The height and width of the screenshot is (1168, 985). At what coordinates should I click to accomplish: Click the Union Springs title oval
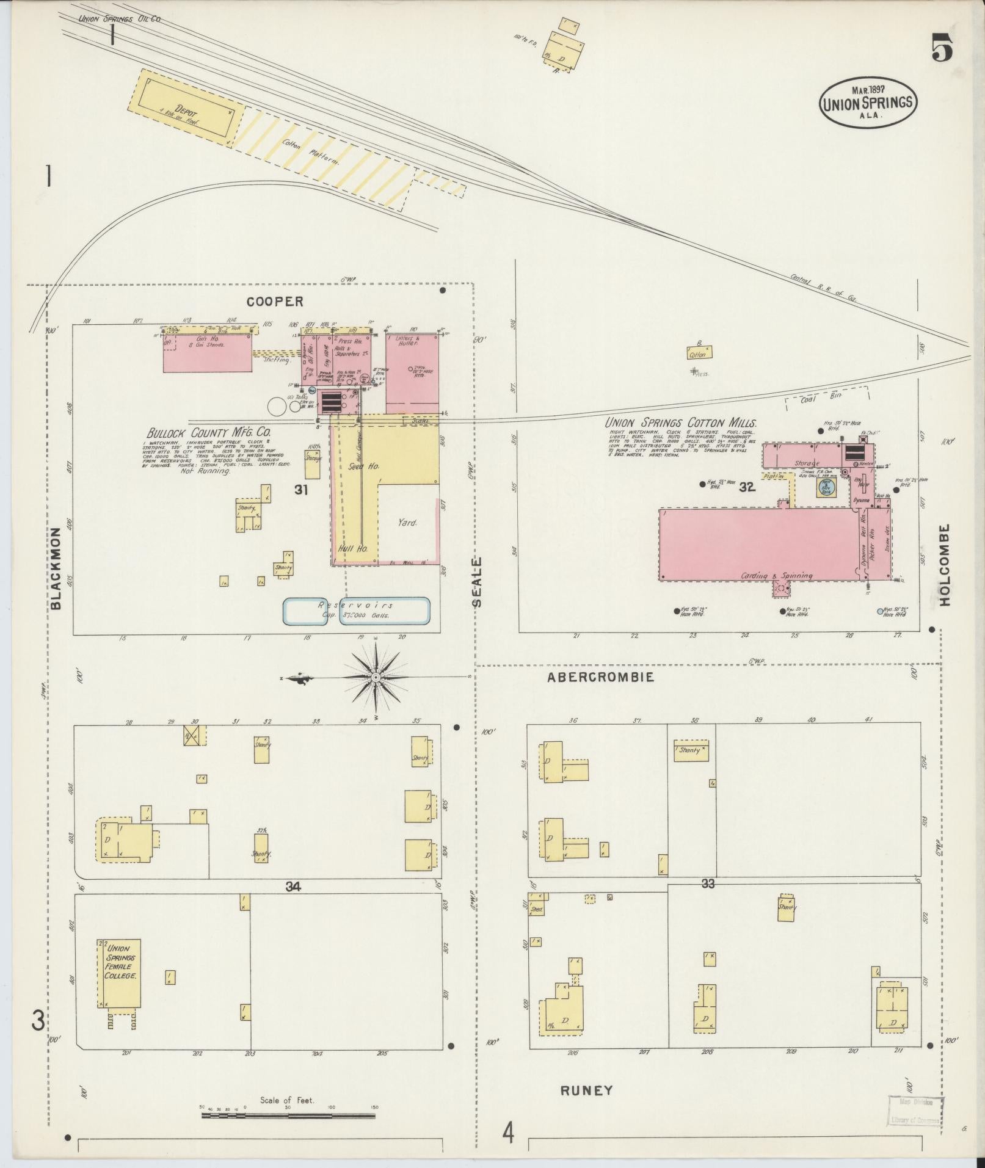(867, 101)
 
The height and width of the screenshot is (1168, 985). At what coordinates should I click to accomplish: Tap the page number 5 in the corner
(942, 48)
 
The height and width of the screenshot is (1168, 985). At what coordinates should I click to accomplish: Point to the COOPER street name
(275, 302)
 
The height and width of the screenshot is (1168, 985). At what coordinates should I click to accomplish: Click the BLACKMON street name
(56, 567)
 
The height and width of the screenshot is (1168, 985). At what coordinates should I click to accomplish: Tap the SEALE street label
(477, 581)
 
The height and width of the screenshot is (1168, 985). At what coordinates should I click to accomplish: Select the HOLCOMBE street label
(945, 565)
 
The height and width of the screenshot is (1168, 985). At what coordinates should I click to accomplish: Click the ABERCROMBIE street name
(600, 677)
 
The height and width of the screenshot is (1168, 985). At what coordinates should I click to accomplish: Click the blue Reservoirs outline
(357, 611)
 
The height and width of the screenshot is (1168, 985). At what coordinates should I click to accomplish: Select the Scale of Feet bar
(288, 1115)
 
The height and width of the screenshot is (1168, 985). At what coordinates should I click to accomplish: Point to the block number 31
(300, 490)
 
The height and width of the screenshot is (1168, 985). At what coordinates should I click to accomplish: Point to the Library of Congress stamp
(915, 1113)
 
